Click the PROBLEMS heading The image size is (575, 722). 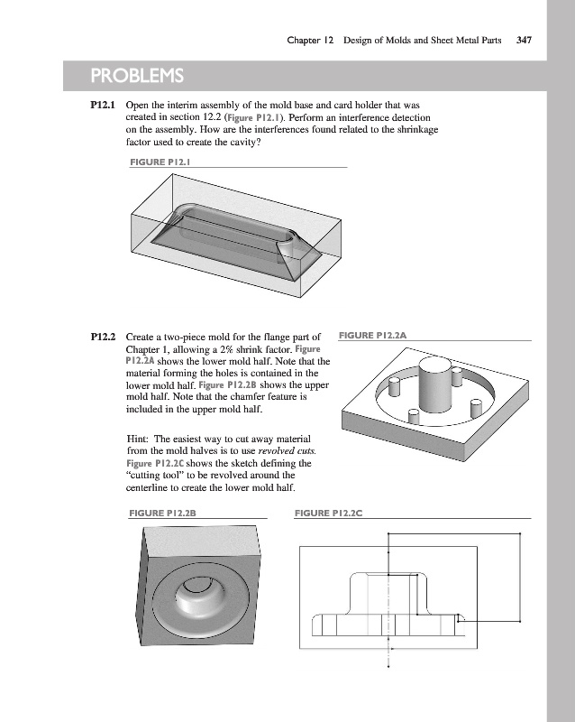pos(136,73)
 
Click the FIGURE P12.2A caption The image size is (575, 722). pos(373,336)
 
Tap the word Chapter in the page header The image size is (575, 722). pos(305,40)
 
